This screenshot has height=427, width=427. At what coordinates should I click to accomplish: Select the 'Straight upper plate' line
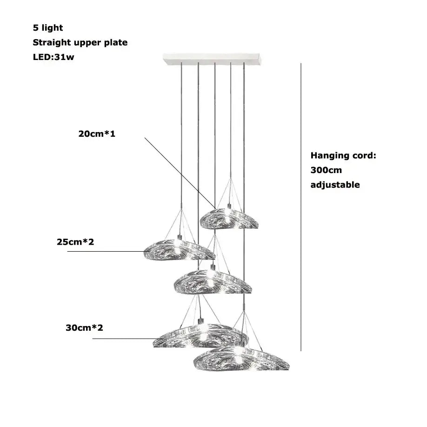click(x=80, y=43)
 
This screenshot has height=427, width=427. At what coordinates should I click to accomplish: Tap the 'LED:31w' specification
click(x=53, y=58)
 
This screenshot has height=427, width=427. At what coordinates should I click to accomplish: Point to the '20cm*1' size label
click(x=96, y=134)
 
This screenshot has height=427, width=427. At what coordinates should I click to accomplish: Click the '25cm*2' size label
click(x=75, y=242)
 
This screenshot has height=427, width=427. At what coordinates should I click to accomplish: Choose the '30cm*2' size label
click(x=84, y=327)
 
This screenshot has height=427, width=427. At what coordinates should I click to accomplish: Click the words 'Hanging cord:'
click(x=343, y=155)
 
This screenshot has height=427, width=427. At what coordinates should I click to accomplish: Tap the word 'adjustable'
click(x=335, y=185)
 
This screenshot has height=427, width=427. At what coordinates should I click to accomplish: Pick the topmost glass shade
click(x=229, y=219)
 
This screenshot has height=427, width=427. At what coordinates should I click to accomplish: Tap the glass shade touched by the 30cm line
click(x=200, y=336)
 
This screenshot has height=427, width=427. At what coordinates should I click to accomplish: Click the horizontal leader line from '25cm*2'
click(x=105, y=251)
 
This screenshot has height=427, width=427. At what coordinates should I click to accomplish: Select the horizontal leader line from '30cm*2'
click(x=123, y=339)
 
